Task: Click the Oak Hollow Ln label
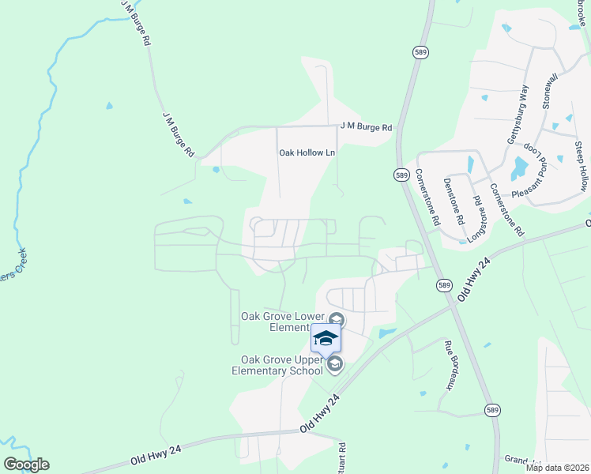[307, 152]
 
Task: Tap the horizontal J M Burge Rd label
[366, 126]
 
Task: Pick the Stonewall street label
[549, 90]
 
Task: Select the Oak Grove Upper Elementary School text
[277, 365]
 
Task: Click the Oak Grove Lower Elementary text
[282, 322]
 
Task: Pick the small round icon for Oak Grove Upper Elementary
[335, 363]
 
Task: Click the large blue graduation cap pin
[326, 339]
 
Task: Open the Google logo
[26, 465]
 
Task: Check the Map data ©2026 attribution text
[557, 468]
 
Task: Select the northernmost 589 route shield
[420, 51]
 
